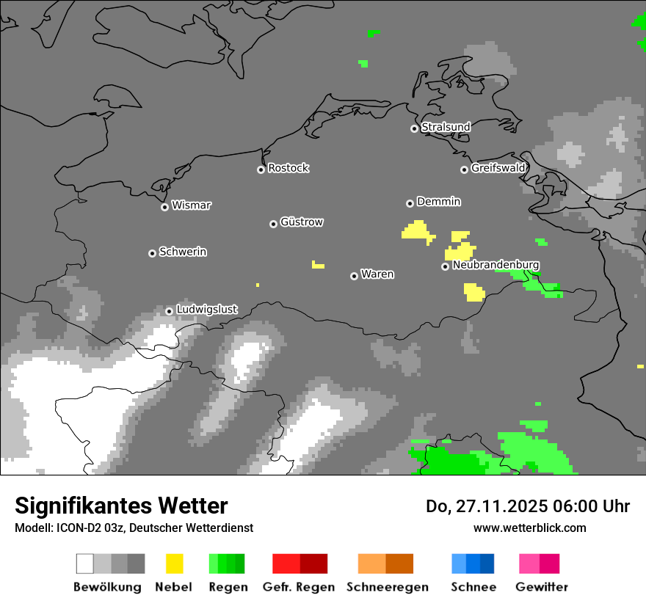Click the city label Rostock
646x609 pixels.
tap(288, 168)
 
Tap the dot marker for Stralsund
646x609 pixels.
tap(414, 128)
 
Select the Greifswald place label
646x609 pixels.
tap(498, 168)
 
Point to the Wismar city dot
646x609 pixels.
tap(164, 207)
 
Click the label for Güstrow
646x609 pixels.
tap(302, 222)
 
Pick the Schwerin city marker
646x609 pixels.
tap(152, 253)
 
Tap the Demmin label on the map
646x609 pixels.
tap(438, 201)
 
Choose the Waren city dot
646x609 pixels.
tap(354, 276)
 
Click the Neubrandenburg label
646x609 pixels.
tap(496, 264)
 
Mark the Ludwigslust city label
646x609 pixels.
tap(206, 310)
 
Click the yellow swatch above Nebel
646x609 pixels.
tap(175, 564)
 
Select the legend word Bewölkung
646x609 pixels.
tap(107, 587)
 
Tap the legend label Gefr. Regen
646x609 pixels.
tap(298, 587)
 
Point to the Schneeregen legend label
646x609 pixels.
tap(388, 587)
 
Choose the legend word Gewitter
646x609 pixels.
tap(542, 587)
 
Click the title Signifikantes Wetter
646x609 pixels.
tap(121, 506)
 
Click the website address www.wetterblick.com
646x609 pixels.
tap(529, 528)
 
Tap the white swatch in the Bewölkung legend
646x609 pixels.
tap(84, 564)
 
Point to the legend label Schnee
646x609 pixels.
tap(473, 587)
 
